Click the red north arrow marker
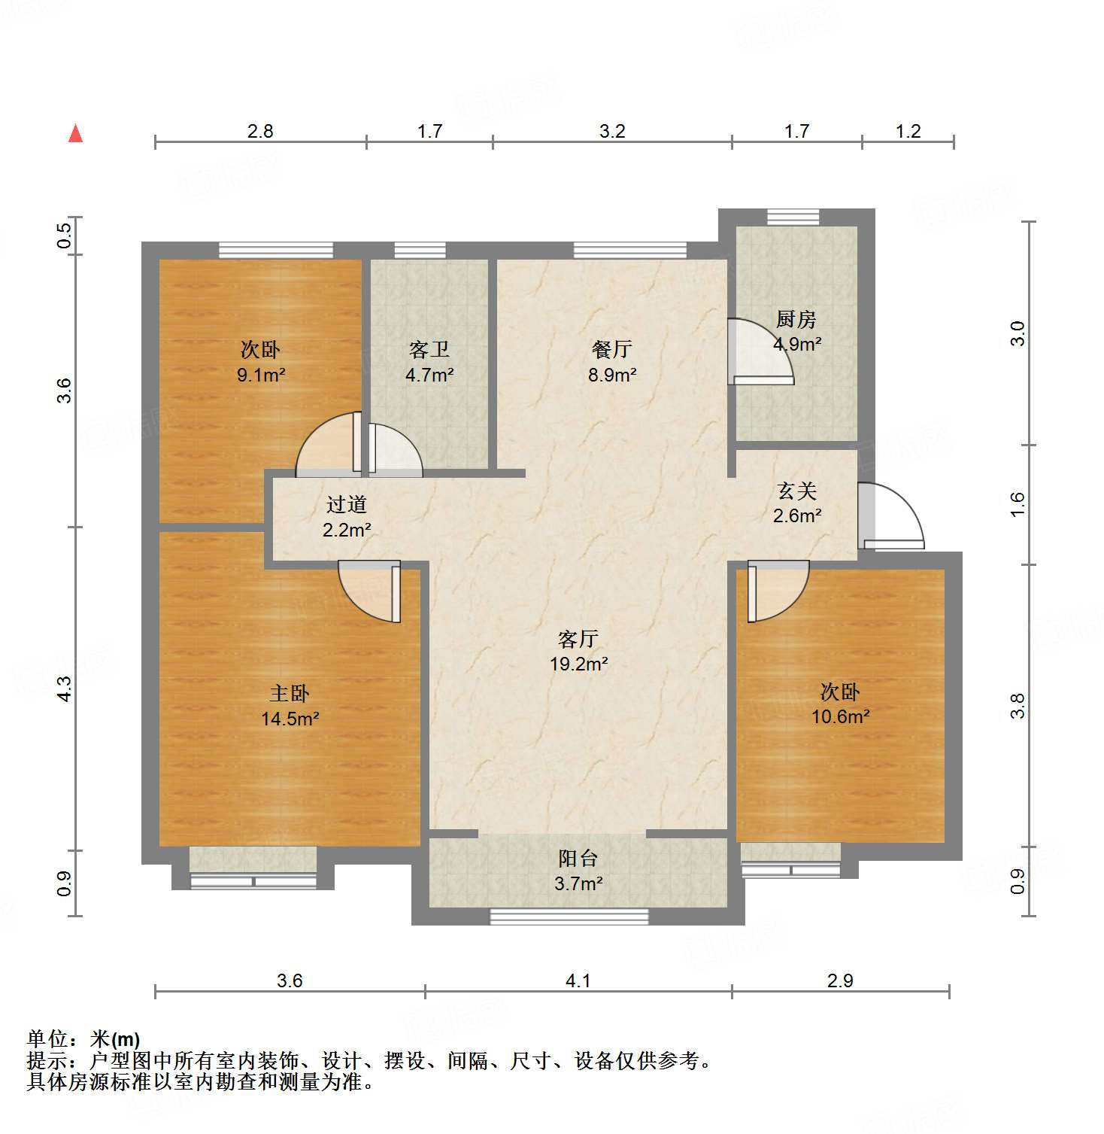[x=75, y=133]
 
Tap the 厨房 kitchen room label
[x=796, y=320]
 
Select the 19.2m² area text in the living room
[x=578, y=664]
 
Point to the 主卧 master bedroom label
[x=290, y=693]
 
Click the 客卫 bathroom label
[x=429, y=349]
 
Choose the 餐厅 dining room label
[x=611, y=349]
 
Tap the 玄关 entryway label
[x=796, y=491]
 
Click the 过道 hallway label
[x=347, y=505]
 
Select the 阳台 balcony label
[x=578, y=859]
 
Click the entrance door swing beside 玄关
[x=891, y=515]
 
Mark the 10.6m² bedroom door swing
[x=778, y=591]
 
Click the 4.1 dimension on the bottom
[x=578, y=980]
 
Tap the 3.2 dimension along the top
[x=612, y=132]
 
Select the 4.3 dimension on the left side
[x=65, y=689]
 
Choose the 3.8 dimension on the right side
[x=1017, y=706]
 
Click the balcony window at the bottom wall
[x=569, y=917]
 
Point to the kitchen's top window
[x=793, y=217]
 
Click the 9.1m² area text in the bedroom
[x=260, y=375]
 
